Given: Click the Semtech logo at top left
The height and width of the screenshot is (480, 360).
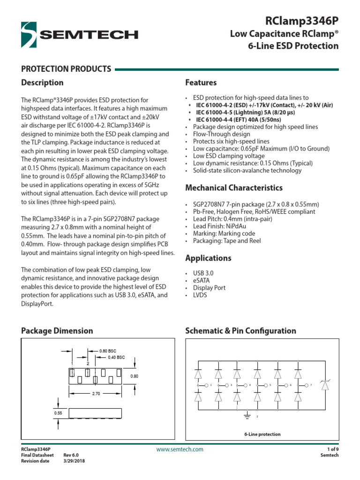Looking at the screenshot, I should [x=80, y=34].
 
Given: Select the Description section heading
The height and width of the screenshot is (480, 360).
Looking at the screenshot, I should [x=42, y=82].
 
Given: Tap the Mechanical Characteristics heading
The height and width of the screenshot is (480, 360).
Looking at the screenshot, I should [x=234, y=187].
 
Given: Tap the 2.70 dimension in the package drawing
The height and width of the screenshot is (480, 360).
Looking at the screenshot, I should [x=96, y=394].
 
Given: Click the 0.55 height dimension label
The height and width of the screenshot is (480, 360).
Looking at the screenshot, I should [x=58, y=413].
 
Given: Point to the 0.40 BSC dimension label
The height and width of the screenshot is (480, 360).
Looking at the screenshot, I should [x=116, y=357].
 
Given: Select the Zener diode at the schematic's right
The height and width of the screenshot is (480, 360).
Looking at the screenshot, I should [x=324, y=385].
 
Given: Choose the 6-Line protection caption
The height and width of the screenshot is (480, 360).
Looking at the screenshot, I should [x=262, y=434].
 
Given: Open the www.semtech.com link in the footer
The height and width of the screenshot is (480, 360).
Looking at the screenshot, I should [x=180, y=450].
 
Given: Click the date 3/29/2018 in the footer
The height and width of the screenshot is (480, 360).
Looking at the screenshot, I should [x=75, y=461].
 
